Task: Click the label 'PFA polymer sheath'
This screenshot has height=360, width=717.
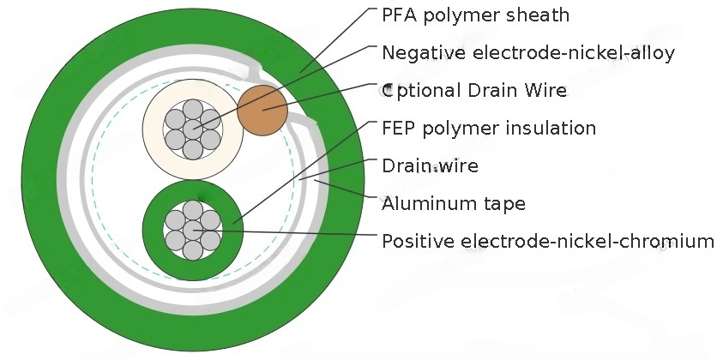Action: [x=475, y=15]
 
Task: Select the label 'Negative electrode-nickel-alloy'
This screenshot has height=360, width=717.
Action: [x=528, y=53]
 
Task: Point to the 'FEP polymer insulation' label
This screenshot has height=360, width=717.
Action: [x=489, y=129]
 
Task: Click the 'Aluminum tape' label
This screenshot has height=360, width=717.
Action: [x=454, y=203]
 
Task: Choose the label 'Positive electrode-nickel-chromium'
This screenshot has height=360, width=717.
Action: [x=547, y=241]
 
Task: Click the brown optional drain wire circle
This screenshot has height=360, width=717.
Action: [x=262, y=110]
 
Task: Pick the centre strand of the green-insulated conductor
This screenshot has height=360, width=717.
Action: [x=193, y=230]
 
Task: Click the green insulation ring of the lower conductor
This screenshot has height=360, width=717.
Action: [x=152, y=230]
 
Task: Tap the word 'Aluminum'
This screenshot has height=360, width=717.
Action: [x=419, y=203]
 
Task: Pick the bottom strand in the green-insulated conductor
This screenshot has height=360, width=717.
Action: [x=193, y=249]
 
